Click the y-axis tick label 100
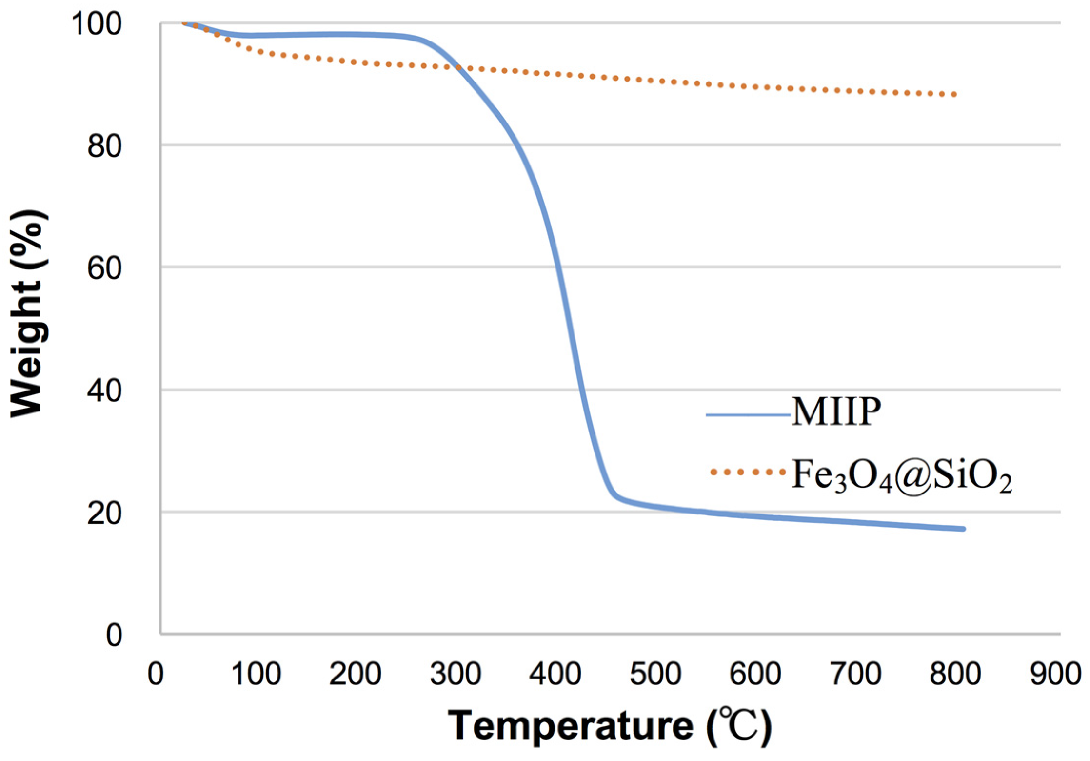click(x=97, y=23)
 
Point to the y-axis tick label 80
click(x=104, y=145)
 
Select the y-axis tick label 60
click(x=104, y=267)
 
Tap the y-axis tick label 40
click(x=104, y=391)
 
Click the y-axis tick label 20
click(x=104, y=513)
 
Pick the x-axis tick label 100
click(x=256, y=674)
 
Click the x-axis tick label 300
click(x=456, y=674)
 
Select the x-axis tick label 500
click(x=655, y=674)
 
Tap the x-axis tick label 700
click(x=855, y=674)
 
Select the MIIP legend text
click(x=836, y=412)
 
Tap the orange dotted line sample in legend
click(x=748, y=472)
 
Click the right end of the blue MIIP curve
click(x=963, y=529)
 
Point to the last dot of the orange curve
click(x=954, y=95)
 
